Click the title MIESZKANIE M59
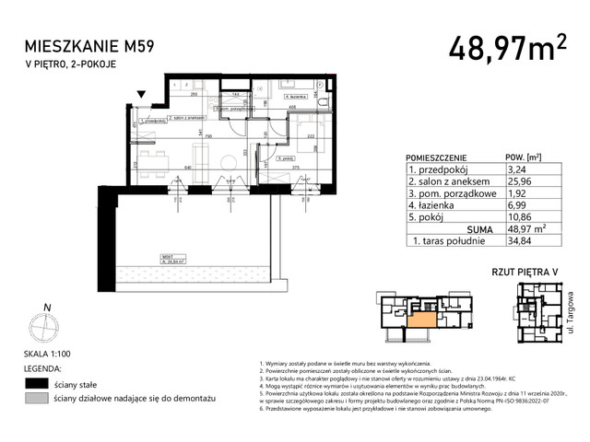pyautogui.click(x=80, y=47)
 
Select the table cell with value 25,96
pyautogui.click(x=524, y=181)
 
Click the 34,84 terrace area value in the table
pyautogui.click(x=524, y=241)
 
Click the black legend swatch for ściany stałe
pyautogui.click(x=36, y=382)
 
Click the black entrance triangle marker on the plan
pyautogui.click(x=140, y=92)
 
